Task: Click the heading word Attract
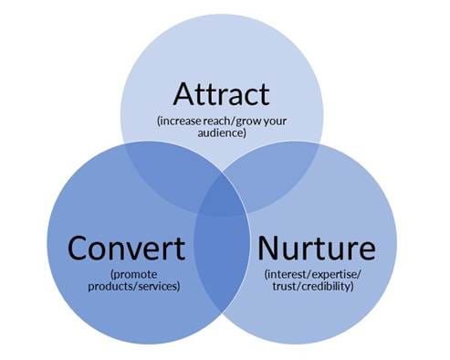click(x=222, y=95)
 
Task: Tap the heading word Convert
click(x=126, y=248)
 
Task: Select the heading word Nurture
click(x=316, y=248)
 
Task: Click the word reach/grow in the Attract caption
click(x=218, y=120)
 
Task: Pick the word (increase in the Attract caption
click(x=180, y=120)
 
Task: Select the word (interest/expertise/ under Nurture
click(x=315, y=272)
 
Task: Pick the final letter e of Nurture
click(x=367, y=249)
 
